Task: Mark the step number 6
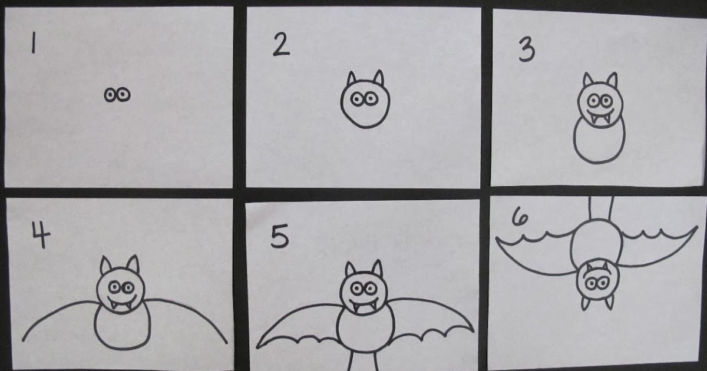coord(520,219)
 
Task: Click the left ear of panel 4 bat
coord(107,266)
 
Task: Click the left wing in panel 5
coord(300,324)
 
